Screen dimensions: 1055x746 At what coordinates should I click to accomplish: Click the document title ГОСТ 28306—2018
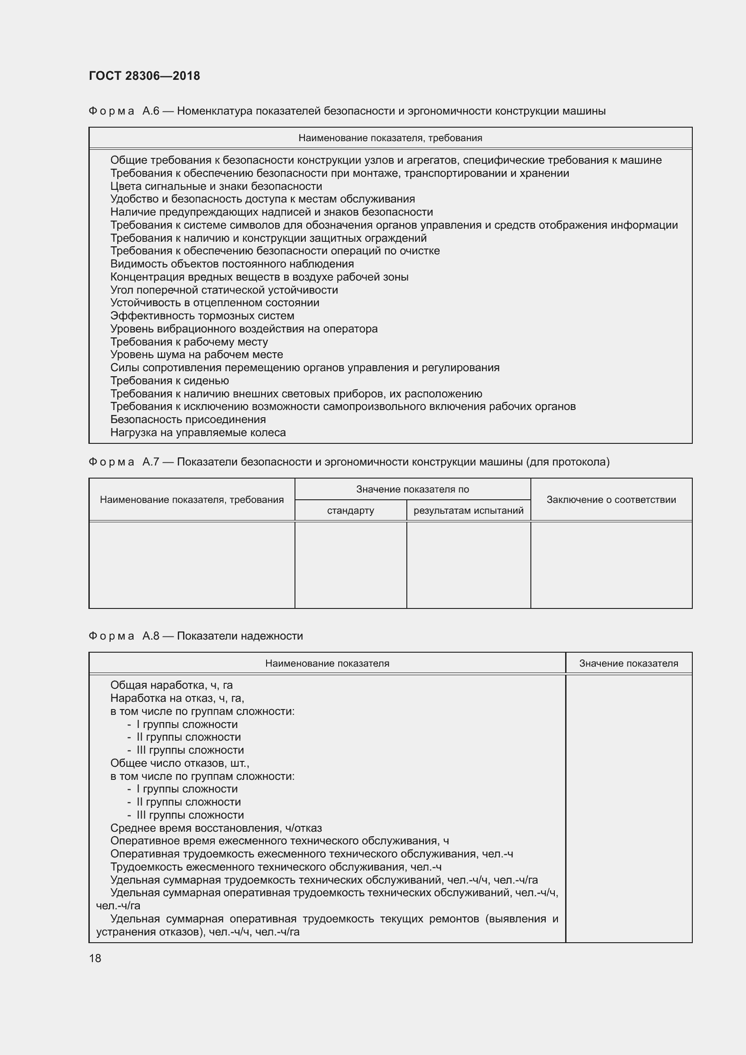[144, 76]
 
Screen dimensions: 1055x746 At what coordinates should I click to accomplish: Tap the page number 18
[95, 958]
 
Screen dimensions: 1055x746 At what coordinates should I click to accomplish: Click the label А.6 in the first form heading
[151, 111]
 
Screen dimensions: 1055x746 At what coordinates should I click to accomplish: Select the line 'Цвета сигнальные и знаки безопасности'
[216, 186]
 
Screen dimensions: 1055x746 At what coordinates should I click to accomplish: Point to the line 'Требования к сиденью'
[170, 381]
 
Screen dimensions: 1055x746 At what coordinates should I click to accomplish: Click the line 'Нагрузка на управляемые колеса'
[198, 433]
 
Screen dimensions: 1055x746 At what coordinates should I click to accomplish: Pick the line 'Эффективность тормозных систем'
[202, 316]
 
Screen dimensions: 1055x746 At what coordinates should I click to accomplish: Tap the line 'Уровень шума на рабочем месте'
[197, 354]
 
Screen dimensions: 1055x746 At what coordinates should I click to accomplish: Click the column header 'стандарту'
[350, 511]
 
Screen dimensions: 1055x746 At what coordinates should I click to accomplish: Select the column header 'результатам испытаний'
[469, 511]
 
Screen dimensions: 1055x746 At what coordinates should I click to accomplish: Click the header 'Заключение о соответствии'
[611, 499]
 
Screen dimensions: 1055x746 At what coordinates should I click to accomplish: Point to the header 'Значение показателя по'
[413, 489]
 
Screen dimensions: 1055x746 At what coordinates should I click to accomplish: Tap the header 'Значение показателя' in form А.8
[628, 663]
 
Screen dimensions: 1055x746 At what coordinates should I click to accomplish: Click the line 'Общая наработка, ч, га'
[171, 685]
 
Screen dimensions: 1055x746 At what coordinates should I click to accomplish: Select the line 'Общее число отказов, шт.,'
[180, 763]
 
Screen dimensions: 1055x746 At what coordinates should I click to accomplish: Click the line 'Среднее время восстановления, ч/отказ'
[216, 828]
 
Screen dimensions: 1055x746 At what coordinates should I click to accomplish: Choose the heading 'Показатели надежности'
[240, 636]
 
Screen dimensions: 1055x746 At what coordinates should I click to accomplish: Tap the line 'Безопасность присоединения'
[188, 419]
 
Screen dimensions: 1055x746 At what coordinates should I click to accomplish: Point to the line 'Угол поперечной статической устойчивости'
[224, 290]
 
